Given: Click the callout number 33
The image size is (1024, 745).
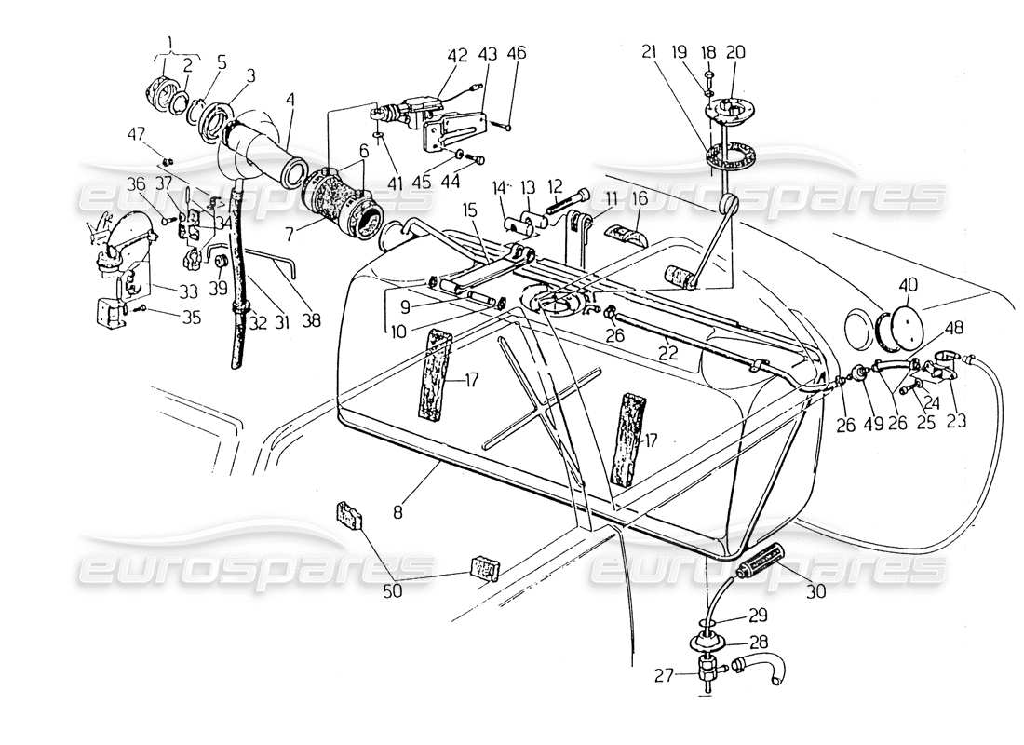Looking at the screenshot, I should (165, 289).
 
